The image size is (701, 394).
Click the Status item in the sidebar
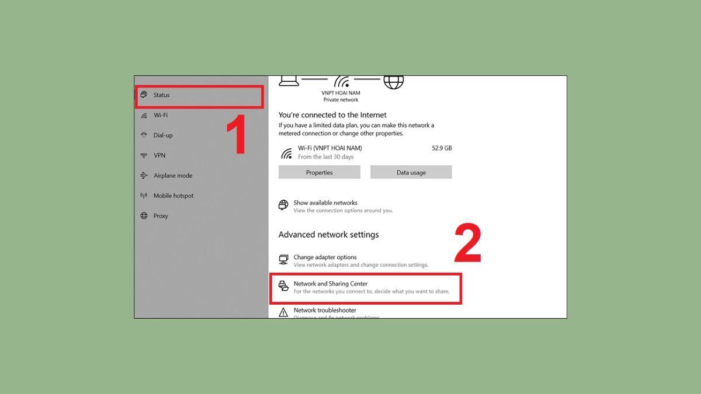(161, 95)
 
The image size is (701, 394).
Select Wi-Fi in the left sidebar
(160, 116)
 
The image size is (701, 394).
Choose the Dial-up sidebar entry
(162, 135)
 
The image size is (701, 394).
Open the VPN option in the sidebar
(159, 155)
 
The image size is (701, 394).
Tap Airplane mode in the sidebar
(172, 176)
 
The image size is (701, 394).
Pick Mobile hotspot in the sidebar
(173, 196)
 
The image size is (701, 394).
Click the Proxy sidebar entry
(160, 216)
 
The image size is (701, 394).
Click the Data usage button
(411, 172)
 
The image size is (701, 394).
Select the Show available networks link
(325, 203)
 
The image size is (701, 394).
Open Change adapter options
(325, 257)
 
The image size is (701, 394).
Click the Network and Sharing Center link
(330, 284)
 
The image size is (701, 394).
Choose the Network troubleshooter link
(325, 311)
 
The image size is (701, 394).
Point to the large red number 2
(468, 245)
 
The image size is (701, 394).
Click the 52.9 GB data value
(442, 148)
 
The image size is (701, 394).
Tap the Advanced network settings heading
(328, 235)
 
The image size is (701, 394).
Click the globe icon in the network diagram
(393, 82)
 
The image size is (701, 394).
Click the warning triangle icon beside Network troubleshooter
(283, 312)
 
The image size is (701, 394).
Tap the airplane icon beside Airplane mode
(144, 176)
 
